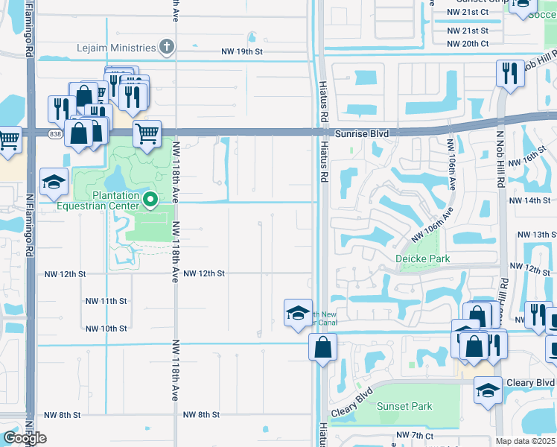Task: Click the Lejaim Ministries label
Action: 116,48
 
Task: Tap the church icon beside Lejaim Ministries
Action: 167,48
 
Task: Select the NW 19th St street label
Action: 243,51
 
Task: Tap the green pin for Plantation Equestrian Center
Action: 150,199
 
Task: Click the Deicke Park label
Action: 422,259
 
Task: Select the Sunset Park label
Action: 404,407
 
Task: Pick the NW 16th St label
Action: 535,159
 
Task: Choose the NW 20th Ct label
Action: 468,44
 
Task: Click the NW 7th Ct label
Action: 415,434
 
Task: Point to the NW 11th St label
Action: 106,301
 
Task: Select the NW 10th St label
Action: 106,329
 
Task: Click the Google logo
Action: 25,438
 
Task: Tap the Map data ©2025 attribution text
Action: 525,441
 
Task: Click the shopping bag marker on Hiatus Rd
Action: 323,346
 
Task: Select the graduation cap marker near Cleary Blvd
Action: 488,390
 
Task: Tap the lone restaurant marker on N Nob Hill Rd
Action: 510,74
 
